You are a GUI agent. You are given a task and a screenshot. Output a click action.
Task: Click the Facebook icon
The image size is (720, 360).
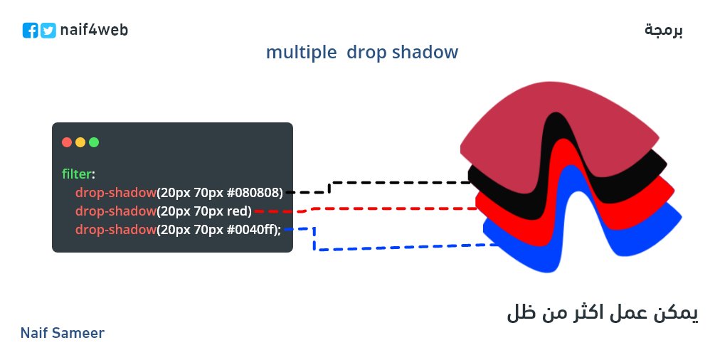point(30,31)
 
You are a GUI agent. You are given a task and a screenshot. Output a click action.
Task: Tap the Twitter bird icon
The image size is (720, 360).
point(48,31)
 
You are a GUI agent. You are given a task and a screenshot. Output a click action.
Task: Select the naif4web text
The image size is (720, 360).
point(95,30)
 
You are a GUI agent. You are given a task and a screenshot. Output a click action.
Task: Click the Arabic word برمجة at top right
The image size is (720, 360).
point(663,31)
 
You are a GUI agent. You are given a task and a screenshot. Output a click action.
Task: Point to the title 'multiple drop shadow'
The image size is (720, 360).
point(362,53)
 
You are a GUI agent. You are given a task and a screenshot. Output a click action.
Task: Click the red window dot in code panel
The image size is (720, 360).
point(67,142)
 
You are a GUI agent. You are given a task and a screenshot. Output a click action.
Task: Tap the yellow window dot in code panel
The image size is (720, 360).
point(80,142)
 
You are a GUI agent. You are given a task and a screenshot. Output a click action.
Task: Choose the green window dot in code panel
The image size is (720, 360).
point(94,142)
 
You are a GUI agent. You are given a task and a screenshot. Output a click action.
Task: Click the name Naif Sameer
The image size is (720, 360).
point(63,333)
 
